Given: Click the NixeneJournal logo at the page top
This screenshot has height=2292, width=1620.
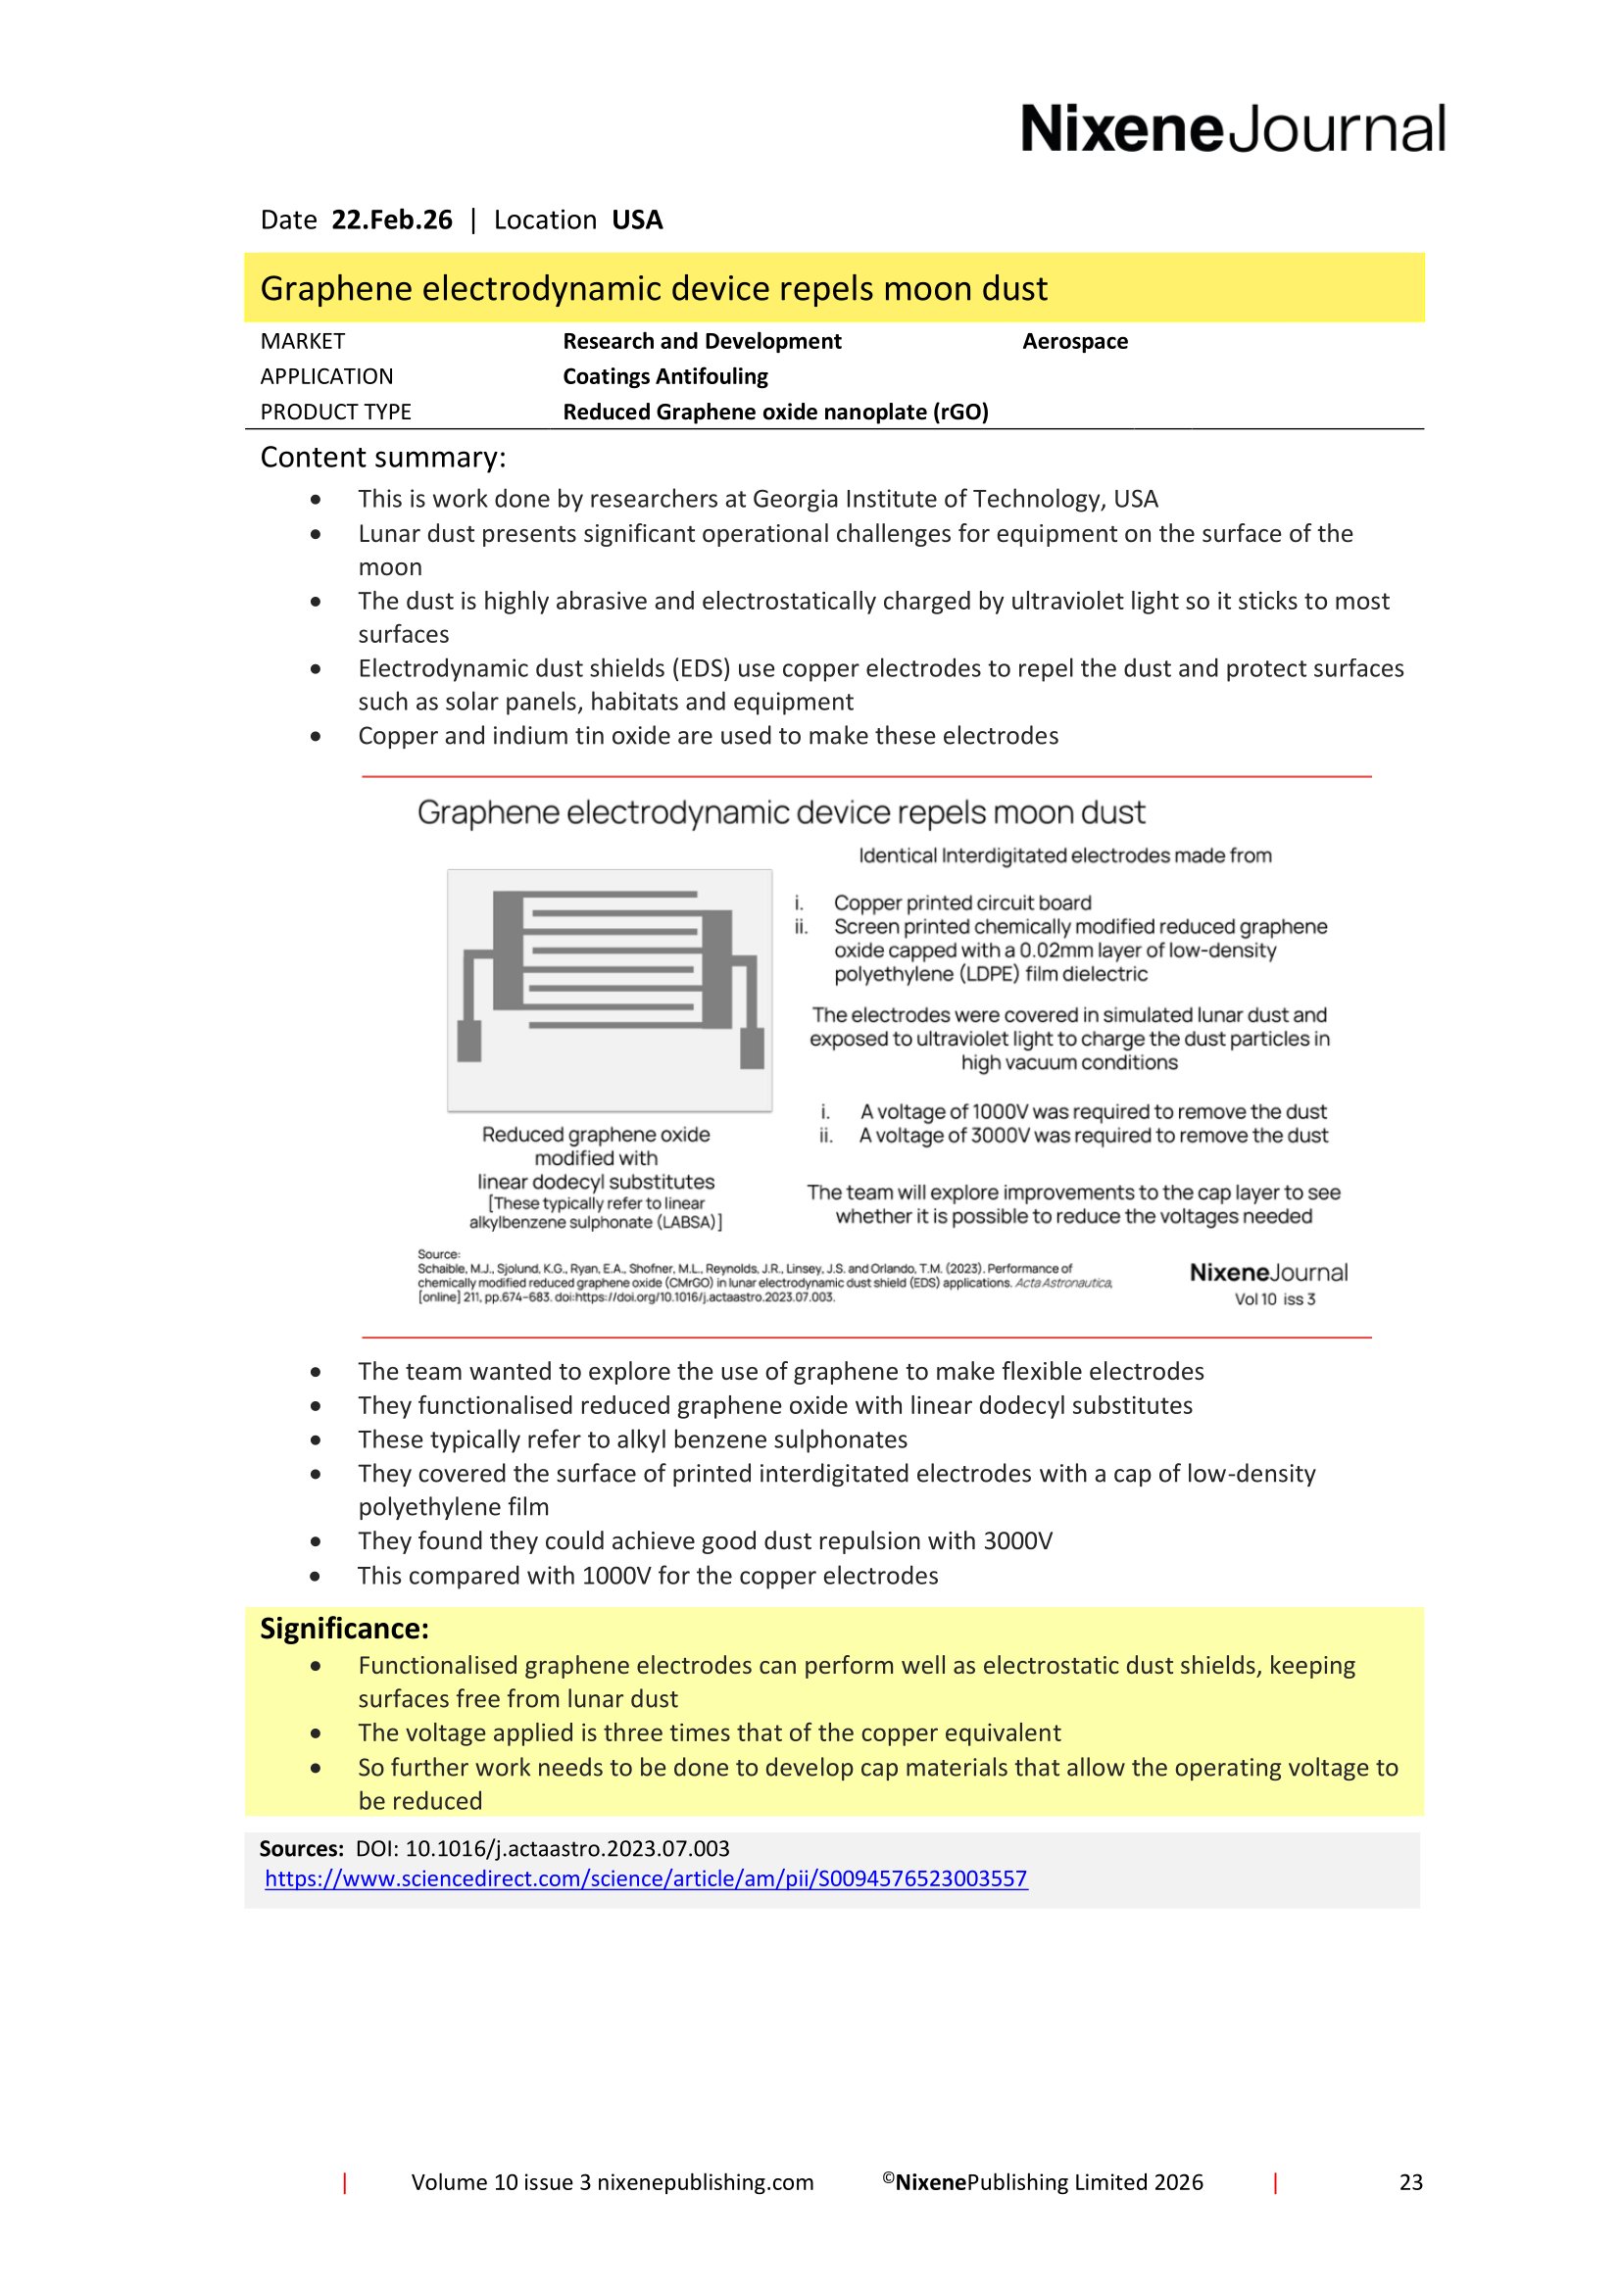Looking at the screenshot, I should coord(1232,129).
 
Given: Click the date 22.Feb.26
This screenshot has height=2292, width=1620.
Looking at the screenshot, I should coord(391,219).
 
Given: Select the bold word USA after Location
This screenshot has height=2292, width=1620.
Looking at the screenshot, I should coord(637,219).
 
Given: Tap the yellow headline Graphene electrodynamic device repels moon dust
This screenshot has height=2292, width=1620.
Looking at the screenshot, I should coord(654,288).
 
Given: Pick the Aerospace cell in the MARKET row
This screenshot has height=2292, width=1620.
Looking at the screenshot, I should coord(1074,341).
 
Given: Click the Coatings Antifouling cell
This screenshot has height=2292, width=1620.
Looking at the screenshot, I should coord(664,376).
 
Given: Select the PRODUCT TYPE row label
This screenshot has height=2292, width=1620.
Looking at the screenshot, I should coord(335,412).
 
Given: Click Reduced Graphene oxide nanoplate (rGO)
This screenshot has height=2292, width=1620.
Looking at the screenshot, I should coord(774,412).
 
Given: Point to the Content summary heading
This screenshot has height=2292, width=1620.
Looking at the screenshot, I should coord(383,458).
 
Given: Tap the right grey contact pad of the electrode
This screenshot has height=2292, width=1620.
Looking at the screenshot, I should coord(752,1048).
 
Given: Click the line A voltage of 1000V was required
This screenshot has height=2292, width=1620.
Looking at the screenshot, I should coord(1093,1111).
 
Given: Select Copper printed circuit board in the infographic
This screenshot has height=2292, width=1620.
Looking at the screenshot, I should coord(962,902).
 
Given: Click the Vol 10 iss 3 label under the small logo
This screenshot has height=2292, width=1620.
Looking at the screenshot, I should coord(1275,1298).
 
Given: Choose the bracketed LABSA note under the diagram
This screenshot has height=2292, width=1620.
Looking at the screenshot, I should coord(596,1213).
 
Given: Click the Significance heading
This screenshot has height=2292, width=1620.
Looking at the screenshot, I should coord(344,1629).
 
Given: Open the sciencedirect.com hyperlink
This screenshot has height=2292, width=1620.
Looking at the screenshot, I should coord(646,1877).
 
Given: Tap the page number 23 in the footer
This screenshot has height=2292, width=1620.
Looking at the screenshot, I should coord(1410,2182).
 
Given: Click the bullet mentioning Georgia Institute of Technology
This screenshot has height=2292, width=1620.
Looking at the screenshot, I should coord(758,498).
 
